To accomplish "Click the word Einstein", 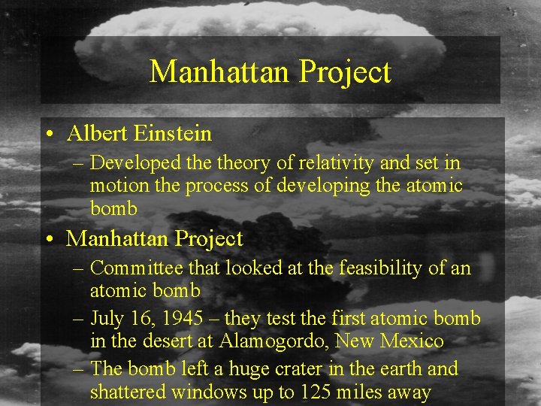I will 173,134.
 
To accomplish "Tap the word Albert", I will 97,134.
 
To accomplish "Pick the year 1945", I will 181,318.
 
